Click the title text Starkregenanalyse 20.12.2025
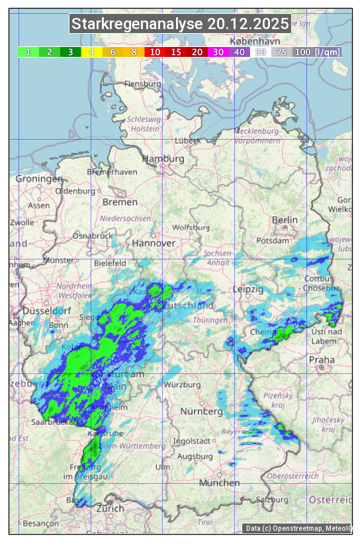180,24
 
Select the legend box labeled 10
155,52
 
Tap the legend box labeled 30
218,52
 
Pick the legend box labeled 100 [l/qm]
317,52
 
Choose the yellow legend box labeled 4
92,52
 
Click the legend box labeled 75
281,52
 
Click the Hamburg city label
163,159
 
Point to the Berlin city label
285,220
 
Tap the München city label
219,483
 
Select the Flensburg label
143,85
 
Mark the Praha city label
322,359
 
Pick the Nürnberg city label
202,412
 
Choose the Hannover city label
154,243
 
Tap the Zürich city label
110,508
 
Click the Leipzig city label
248,289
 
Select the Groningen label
39,179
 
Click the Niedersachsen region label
125,218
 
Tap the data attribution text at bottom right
298,528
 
